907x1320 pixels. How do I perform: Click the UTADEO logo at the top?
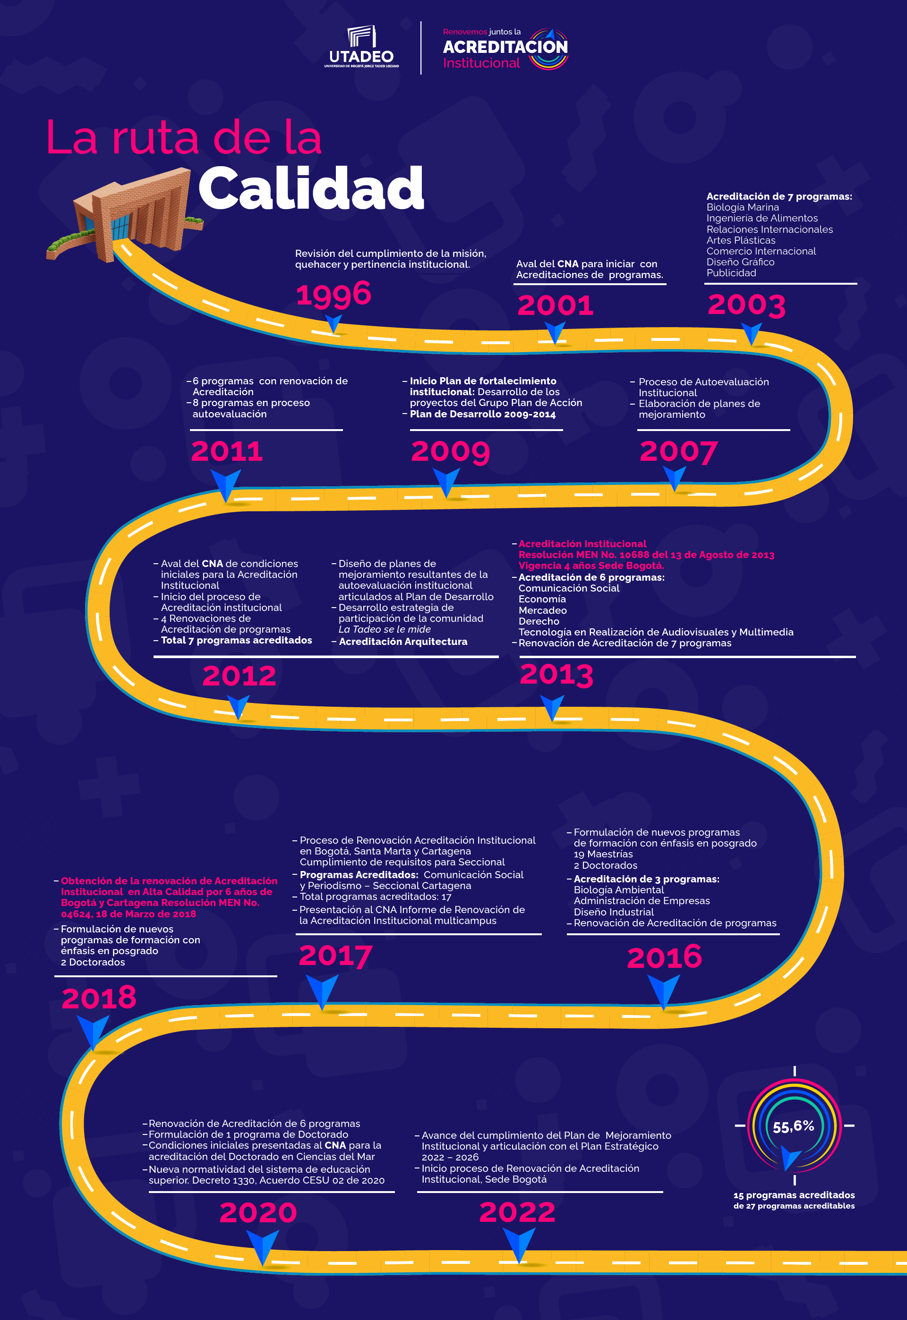(x=361, y=47)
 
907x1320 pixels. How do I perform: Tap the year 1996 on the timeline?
(x=334, y=294)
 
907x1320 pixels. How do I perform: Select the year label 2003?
(x=746, y=305)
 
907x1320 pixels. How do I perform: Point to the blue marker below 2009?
(x=447, y=482)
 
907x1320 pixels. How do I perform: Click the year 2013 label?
(x=556, y=675)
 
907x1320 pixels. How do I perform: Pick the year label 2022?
(x=517, y=1213)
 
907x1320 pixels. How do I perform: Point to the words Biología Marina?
(x=742, y=207)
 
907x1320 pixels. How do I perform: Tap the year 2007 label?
(x=678, y=452)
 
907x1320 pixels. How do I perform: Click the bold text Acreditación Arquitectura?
(x=403, y=641)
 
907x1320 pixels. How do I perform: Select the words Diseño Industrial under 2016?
(x=613, y=912)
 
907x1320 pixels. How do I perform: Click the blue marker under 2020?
(x=262, y=1245)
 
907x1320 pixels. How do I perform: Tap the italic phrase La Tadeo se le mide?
(x=384, y=629)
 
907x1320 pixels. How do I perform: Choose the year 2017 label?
(x=335, y=956)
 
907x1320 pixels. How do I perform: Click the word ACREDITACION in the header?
(x=505, y=47)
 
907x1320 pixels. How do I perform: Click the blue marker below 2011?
(x=226, y=484)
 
